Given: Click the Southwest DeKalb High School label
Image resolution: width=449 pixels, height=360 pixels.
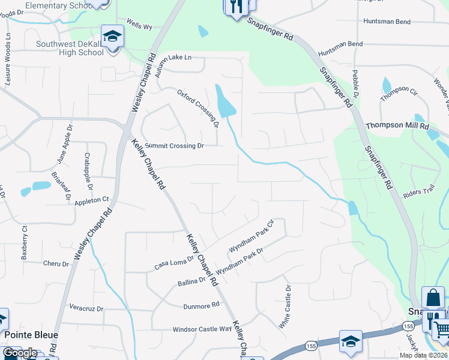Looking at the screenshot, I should (69, 48).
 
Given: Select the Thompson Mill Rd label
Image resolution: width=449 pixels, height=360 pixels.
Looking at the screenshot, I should (397, 126).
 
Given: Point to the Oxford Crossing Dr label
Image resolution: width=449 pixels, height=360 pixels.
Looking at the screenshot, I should (197, 109).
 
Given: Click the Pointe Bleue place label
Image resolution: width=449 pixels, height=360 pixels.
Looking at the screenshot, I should (32, 335).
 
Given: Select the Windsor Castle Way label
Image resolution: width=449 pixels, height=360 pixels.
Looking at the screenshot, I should (202, 329).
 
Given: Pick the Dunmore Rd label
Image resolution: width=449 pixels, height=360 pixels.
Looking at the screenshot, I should (202, 305).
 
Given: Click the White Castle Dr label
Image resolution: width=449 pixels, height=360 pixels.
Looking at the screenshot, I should (285, 307).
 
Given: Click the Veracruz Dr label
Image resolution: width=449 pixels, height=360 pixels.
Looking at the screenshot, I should (87, 309).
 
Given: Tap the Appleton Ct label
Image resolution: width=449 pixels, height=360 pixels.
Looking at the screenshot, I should (91, 199).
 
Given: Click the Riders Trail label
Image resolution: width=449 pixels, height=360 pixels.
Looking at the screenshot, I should (418, 192).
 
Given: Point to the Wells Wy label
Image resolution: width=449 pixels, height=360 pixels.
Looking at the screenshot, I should (139, 26).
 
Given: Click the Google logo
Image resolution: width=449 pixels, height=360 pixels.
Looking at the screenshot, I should (20, 353).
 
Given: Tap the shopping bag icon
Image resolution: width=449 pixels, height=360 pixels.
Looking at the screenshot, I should (434, 298).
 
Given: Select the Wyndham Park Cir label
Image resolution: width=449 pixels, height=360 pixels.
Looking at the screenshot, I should (252, 236).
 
